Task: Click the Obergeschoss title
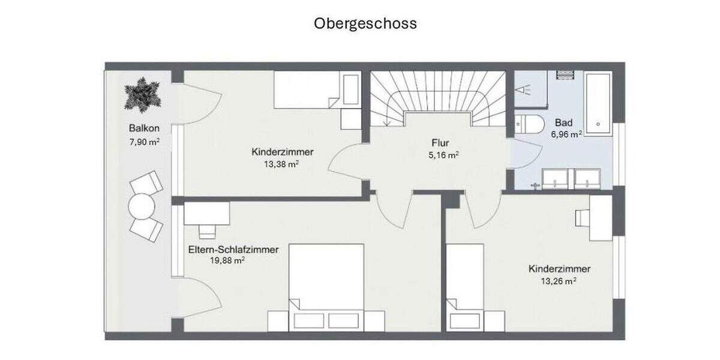pos(365,23)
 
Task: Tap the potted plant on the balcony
pos(143,95)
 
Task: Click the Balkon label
pos(143,128)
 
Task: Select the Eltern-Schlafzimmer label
pos(233,250)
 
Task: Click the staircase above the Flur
pos(437,96)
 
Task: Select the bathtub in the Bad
pos(598,103)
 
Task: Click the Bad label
pos(563,122)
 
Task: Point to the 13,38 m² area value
pos(281,164)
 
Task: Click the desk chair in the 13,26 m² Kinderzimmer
pos(582,218)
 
